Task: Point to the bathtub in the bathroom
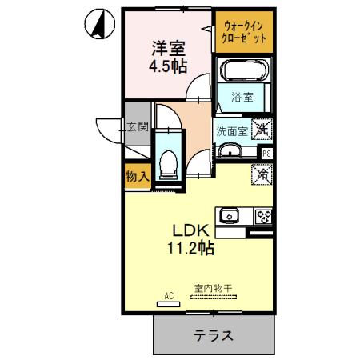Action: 243,70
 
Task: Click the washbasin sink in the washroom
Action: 232,150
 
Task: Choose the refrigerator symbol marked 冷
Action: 261,171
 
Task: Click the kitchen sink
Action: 230,214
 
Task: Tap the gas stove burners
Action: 262,215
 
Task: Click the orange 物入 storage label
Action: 137,177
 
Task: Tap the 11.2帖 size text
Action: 190,247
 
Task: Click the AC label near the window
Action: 168,296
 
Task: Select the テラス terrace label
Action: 213,335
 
